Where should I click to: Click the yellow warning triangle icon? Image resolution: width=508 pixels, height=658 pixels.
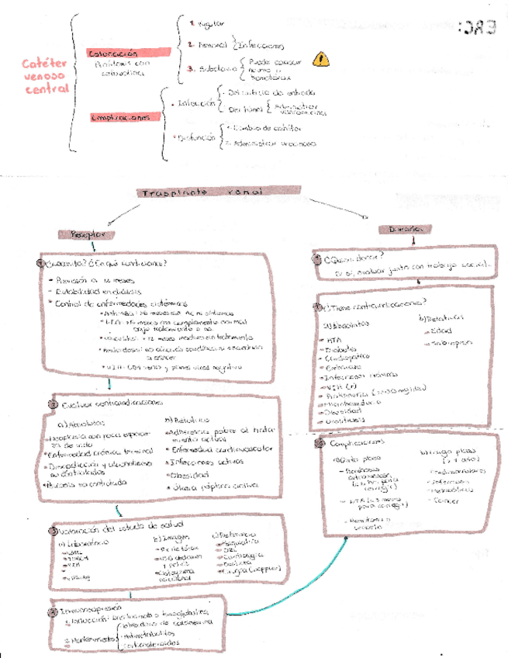320,59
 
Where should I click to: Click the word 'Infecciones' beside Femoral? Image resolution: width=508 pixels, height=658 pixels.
262,46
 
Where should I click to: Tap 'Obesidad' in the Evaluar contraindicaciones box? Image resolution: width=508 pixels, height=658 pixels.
189,473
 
